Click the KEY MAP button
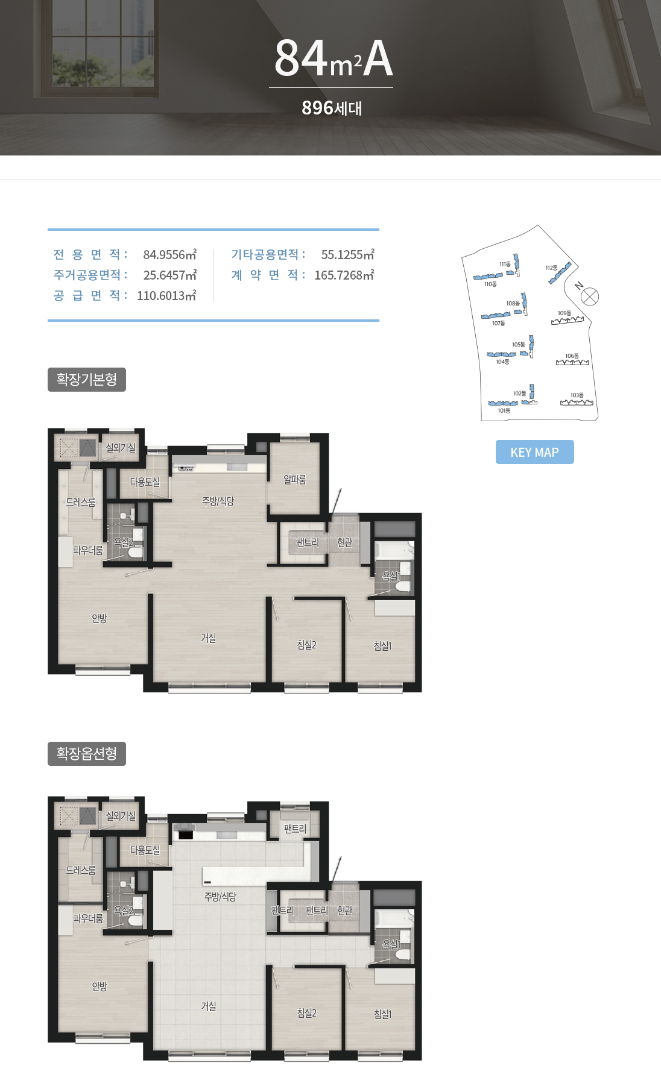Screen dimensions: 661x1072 coord(534,452)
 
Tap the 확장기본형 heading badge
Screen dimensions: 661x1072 coord(87,380)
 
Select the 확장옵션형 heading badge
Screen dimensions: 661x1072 coord(87,754)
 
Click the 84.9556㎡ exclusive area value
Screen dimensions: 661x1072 coord(170,255)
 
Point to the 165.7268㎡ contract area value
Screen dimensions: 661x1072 coord(344,275)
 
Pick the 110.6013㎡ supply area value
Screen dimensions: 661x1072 coord(166,296)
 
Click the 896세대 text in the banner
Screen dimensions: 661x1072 coord(332,108)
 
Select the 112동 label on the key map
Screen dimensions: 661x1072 coord(551,268)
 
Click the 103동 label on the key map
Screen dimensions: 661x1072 coord(577,395)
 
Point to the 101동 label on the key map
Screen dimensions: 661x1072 coord(504,410)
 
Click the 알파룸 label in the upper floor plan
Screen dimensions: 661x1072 coord(295,480)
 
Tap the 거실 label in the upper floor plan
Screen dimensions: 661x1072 coord(209,638)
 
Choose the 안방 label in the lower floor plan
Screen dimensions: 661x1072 coord(100,986)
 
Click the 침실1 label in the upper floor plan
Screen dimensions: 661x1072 coord(382,646)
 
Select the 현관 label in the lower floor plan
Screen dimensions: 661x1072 coord(345,911)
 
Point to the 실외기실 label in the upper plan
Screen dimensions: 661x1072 coord(121,448)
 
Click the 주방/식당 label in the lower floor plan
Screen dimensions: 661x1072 coord(220,897)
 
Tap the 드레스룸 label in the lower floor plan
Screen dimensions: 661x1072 coord(81,870)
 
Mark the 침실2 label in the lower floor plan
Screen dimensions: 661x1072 coord(306,1013)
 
